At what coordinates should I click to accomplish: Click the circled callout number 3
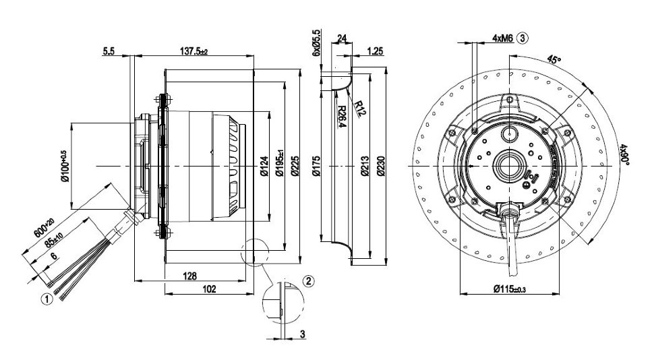pos(522,38)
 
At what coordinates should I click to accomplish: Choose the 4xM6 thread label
pos(502,38)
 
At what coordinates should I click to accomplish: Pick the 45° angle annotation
pos(554,59)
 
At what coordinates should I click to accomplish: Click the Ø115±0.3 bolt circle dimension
pos(510,289)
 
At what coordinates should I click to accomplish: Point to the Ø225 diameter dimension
pos(295,166)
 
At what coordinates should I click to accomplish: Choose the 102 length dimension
pos(209,289)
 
